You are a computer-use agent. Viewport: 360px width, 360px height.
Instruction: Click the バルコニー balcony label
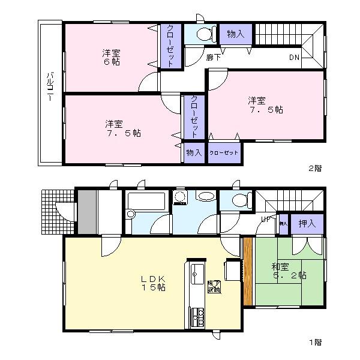(50, 93)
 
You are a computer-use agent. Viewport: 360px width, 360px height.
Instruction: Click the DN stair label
(294, 58)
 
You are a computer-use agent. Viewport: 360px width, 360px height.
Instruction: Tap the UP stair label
(265, 220)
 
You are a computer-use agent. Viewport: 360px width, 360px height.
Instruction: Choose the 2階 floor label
(314, 169)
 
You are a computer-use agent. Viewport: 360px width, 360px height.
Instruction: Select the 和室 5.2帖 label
(289, 271)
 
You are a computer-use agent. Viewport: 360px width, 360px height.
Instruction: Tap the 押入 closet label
(307, 223)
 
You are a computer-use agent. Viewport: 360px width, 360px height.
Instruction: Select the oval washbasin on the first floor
(206, 197)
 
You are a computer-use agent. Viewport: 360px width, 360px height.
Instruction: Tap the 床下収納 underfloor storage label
(214, 286)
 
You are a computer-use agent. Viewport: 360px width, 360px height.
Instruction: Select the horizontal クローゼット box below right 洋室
(224, 153)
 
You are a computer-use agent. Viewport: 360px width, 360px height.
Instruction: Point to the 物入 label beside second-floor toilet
(236, 34)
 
